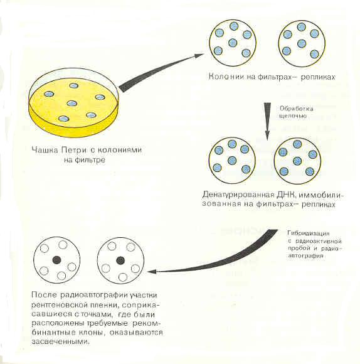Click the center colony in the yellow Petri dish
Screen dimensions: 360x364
point(72,104)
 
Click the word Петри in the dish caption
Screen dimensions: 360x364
point(74,150)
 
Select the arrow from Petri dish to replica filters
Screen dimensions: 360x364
point(161,72)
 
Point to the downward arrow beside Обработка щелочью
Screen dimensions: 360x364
point(267,121)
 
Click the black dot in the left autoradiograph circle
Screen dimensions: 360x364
point(56,260)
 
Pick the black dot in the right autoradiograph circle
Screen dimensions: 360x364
point(120,260)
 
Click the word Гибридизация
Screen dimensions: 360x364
point(309,233)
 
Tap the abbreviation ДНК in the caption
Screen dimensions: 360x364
point(286,195)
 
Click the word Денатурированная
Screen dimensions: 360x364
point(238,195)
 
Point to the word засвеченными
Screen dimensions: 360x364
point(60,342)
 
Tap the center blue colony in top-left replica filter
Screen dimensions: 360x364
point(233,43)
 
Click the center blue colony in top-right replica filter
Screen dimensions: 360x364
point(301,43)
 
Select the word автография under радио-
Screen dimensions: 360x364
point(305,256)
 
